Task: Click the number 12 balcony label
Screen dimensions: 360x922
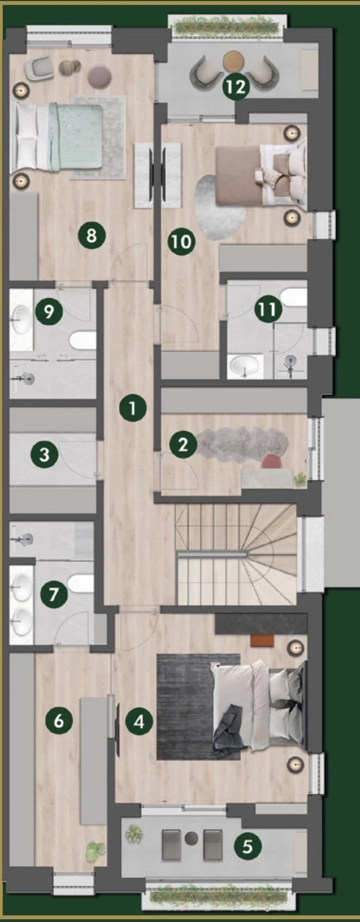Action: pyautogui.click(x=236, y=87)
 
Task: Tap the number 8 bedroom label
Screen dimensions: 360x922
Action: pyautogui.click(x=92, y=236)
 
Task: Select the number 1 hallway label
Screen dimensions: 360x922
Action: pyautogui.click(x=133, y=409)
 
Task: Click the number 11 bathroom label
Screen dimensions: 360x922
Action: pyautogui.click(x=268, y=309)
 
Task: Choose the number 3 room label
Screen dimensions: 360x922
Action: pyautogui.click(x=44, y=455)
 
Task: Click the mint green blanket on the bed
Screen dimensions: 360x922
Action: pyautogui.click(x=75, y=137)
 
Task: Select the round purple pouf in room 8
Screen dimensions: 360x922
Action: pyautogui.click(x=100, y=76)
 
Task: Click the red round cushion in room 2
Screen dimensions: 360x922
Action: pyautogui.click(x=272, y=461)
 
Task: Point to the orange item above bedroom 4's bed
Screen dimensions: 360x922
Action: pyautogui.click(x=263, y=640)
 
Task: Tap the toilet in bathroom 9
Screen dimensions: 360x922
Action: pyautogui.click(x=83, y=340)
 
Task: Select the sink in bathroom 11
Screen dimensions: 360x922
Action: pyautogui.click(x=246, y=364)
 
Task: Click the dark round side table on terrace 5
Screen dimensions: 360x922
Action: pyautogui.click(x=191, y=838)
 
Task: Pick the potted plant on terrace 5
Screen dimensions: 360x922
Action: pyautogui.click(x=134, y=833)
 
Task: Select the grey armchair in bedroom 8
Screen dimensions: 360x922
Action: pyautogui.click(x=39, y=68)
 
